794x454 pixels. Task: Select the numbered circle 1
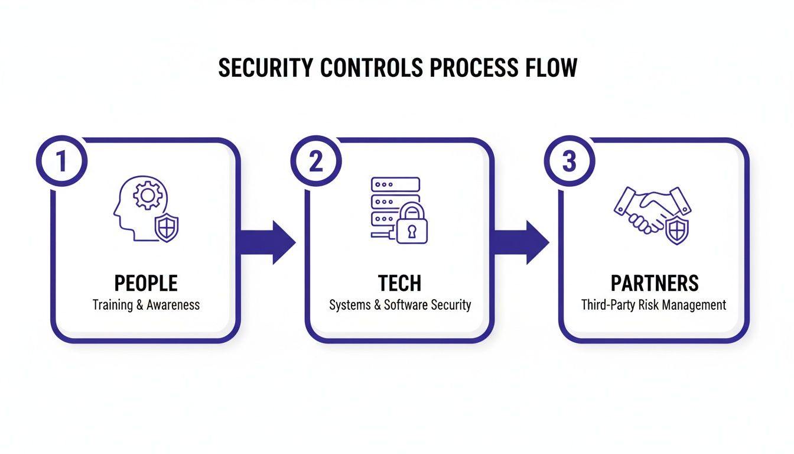pos(61,161)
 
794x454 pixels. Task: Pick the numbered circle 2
pos(315,161)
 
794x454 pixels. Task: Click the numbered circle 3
pos(569,161)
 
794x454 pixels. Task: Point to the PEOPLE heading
pos(146,283)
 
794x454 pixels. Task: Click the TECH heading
pos(400,283)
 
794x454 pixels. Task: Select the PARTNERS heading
pos(655,283)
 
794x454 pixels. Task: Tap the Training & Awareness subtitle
pos(146,305)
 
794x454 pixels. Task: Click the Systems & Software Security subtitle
pos(400,305)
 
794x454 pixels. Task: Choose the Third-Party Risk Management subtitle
pos(653,305)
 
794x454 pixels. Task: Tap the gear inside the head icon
pos(144,196)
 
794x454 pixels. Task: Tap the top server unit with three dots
pos(395,184)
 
